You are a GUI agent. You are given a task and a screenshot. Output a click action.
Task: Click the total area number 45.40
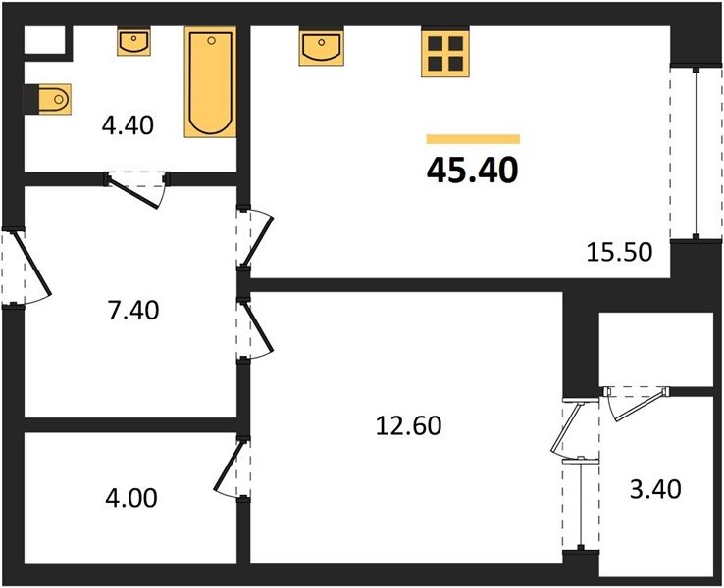tap(472, 171)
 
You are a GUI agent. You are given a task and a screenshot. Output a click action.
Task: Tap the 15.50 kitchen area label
tap(619, 252)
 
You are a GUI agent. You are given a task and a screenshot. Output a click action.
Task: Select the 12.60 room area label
tap(409, 425)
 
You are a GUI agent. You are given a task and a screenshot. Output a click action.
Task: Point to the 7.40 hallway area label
tap(133, 310)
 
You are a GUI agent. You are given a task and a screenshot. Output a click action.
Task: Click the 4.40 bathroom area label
tap(128, 125)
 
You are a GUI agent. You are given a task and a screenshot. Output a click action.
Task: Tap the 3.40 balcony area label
tap(655, 489)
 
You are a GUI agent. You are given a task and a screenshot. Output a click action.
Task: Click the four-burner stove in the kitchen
tap(445, 54)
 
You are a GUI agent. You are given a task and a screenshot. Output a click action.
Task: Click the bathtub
tap(210, 82)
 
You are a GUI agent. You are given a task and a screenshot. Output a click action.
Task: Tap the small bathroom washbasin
tap(133, 42)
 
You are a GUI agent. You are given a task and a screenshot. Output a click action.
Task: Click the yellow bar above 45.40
tap(473, 139)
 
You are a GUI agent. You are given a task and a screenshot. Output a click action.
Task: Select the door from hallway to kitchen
tap(258, 239)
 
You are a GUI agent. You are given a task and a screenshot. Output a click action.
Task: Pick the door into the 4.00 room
tap(231, 468)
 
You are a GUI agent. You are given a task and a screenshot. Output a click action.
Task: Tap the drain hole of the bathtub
tap(212, 40)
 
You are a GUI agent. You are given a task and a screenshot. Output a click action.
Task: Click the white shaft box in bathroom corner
tap(44, 40)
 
